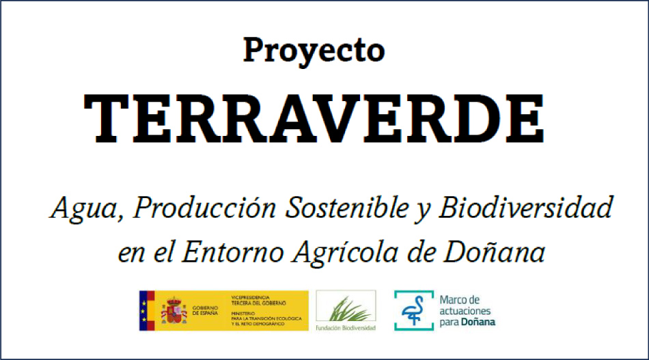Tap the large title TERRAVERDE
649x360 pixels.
314,117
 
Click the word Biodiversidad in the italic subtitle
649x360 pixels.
525,208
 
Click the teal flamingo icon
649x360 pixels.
414,310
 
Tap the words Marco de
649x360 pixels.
460,300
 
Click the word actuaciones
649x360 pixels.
467,310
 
